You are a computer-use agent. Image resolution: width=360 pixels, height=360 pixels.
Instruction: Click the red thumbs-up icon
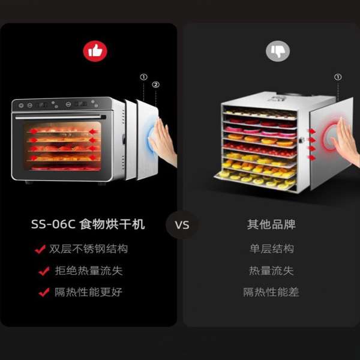pos(95,52)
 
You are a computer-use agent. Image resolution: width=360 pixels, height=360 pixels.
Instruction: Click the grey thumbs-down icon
pos(278,52)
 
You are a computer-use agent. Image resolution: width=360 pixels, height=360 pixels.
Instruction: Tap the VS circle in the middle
pos(181,225)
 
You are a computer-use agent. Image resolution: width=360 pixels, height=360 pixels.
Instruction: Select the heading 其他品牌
pos(271,225)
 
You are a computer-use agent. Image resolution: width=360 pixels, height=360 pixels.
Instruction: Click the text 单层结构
pos(271,249)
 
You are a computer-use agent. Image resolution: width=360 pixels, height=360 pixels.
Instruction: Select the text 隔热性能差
pos(271,292)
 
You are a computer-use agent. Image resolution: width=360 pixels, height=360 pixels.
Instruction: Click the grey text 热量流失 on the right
pos(271,271)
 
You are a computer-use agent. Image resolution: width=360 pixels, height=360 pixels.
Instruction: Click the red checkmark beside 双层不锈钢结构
pos(40,249)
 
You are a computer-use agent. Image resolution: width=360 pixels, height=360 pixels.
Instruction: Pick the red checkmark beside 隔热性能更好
pos(44,293)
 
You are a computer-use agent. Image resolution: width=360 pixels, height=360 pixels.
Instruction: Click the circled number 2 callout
pos(156,85)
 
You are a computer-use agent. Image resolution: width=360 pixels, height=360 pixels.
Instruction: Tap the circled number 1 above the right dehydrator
pos(338,77)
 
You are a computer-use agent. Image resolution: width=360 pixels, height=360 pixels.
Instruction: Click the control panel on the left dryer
pos(60,104)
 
